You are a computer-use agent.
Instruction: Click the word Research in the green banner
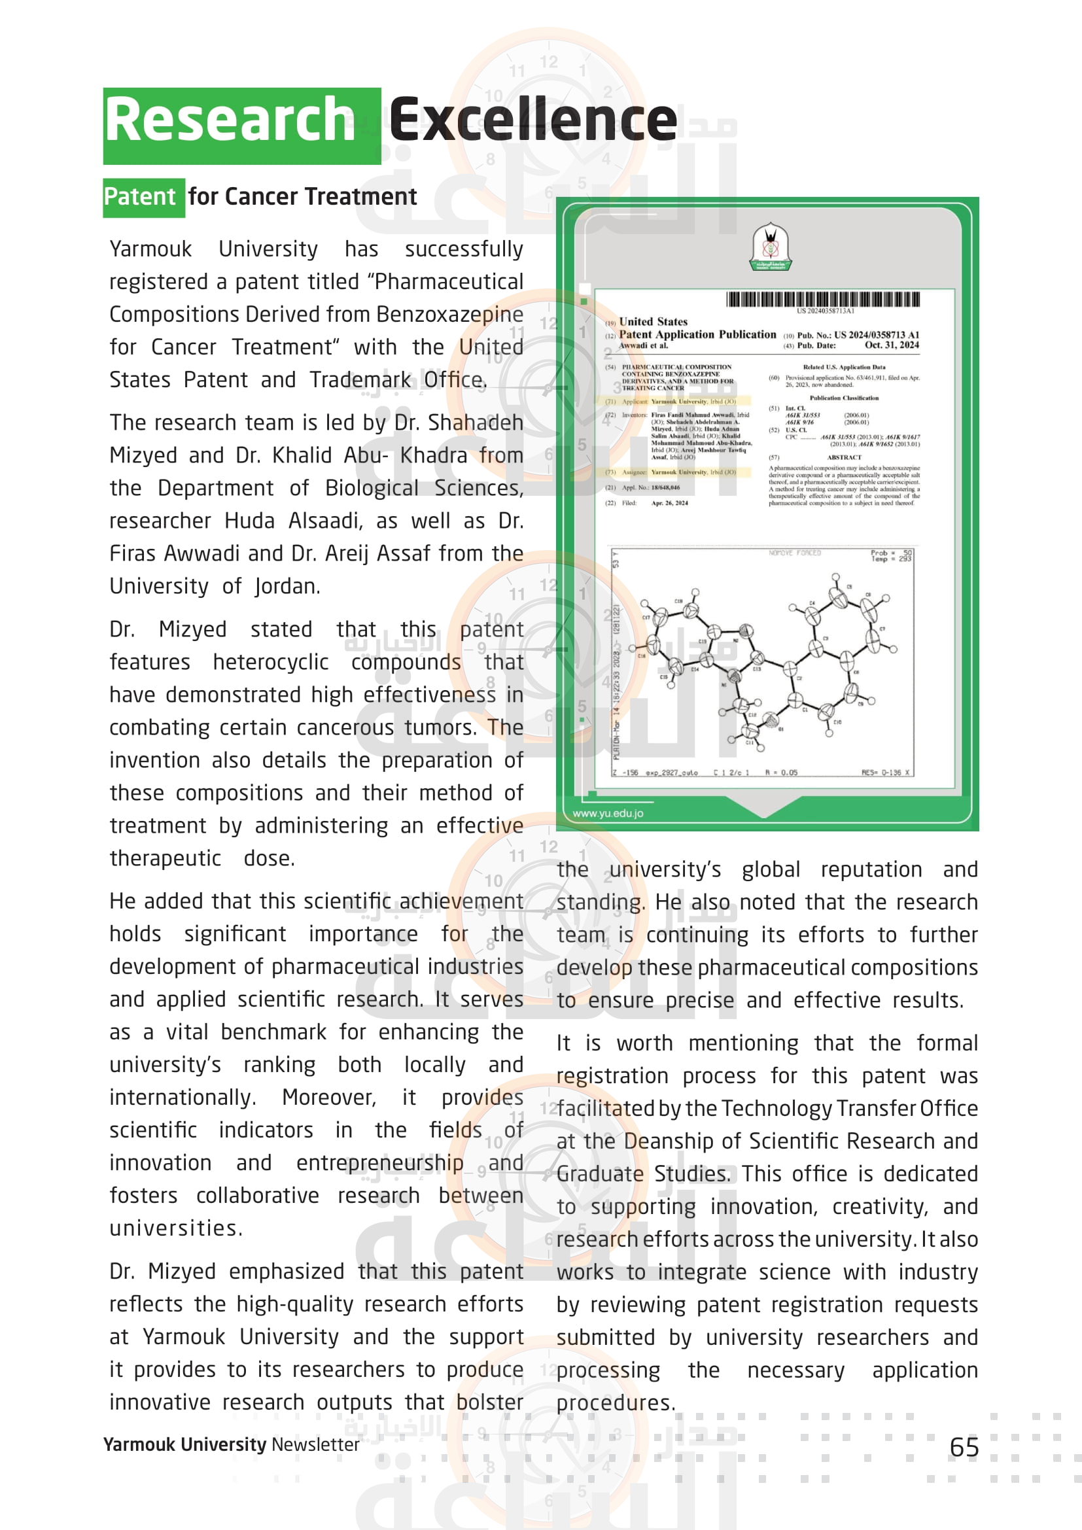(230, 120)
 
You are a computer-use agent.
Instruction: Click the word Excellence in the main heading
(533, 120)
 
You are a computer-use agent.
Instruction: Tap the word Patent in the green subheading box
(140, 198)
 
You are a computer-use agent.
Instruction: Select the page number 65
(964, 1448)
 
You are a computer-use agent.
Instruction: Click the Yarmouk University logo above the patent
(771, 247)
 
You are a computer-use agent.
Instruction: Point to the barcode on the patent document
(823, 299)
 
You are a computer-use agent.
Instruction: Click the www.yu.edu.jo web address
(608, 813)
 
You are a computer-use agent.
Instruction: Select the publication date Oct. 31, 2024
(892, 345)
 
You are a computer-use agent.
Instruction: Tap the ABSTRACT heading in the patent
(843, 458)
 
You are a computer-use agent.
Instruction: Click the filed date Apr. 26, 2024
(670, 503)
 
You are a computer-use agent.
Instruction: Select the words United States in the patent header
(653, 322)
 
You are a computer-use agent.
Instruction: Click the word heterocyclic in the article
(271, 663)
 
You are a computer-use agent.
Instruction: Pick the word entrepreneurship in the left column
(380, 1163)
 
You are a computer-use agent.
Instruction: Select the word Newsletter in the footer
(315, 1444)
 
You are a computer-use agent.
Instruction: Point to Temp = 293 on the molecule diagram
(891, 559)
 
